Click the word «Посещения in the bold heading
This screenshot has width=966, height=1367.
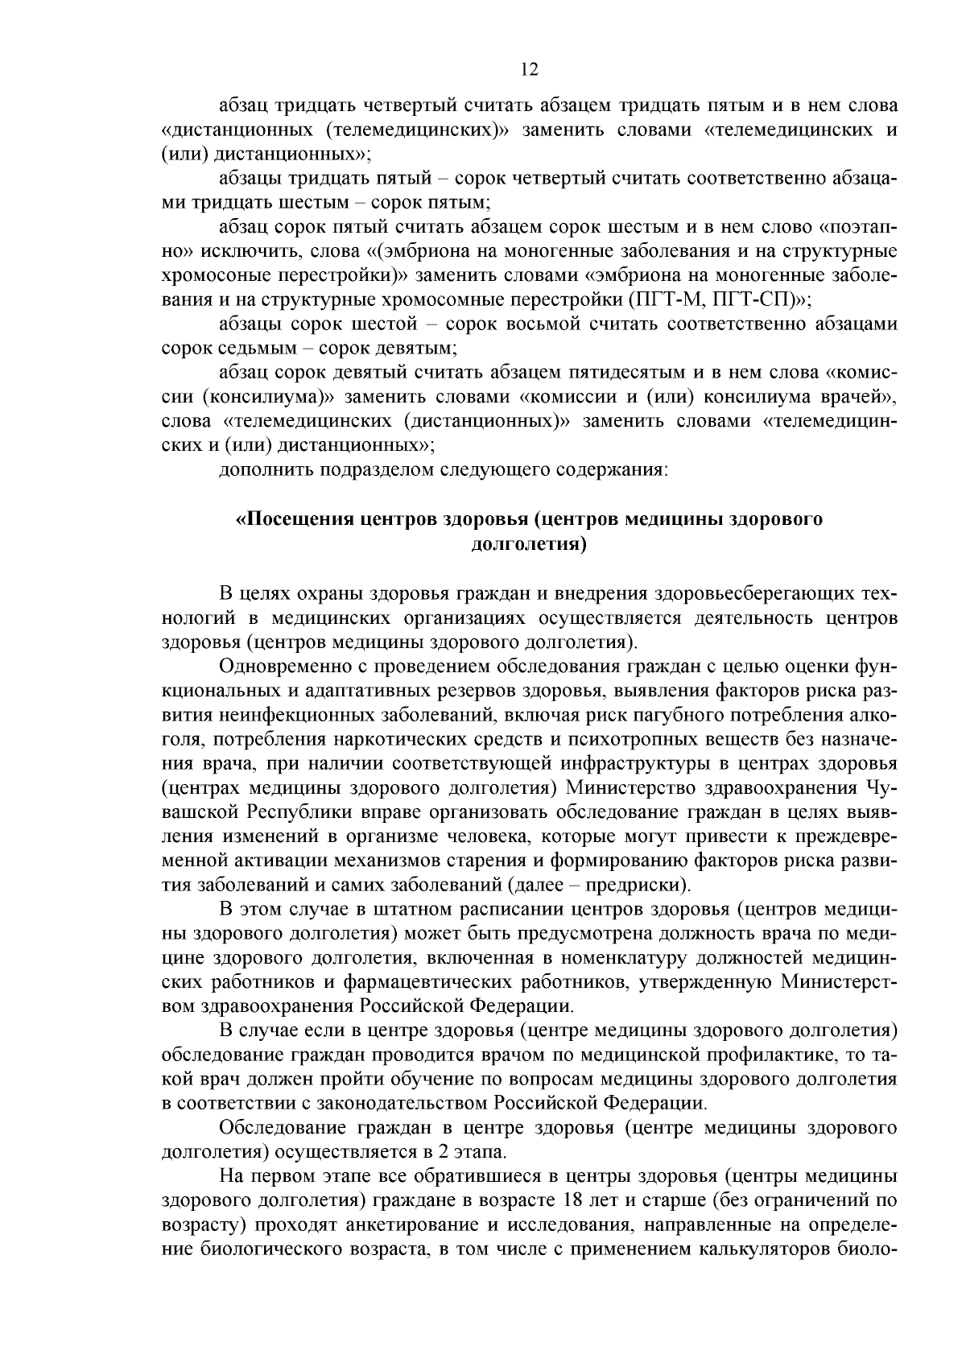285,518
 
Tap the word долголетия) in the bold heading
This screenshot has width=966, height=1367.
528,543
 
